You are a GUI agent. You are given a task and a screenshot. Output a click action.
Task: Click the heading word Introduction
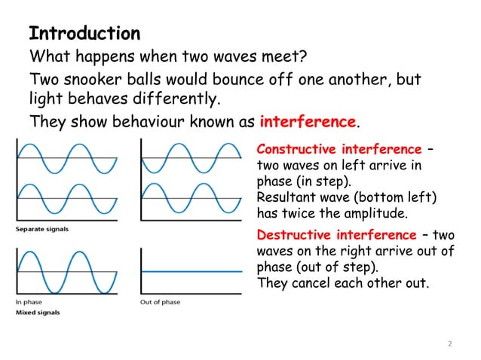[x=84, y=34]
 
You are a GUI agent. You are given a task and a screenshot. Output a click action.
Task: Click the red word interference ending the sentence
[x=307, y=122]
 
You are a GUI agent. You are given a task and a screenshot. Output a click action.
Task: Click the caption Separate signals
[x=42, y=228]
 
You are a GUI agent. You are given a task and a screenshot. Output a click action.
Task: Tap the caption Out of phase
[x=160, y=303]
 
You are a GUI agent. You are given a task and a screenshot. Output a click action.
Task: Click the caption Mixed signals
[x=38, y=312]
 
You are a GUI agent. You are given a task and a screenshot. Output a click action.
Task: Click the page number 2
[x=450, y=344]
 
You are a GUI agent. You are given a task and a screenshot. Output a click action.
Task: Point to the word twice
[x=314, y=214]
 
